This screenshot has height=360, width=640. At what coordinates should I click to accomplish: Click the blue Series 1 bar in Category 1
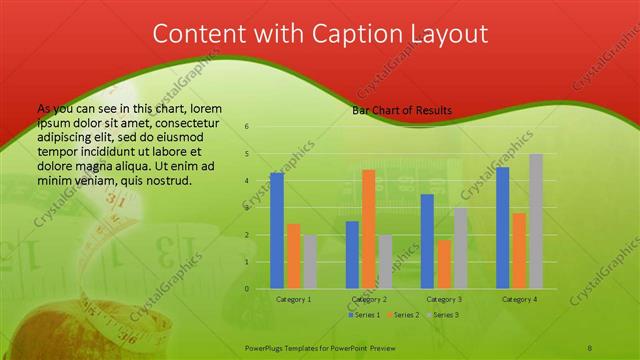[277, 231]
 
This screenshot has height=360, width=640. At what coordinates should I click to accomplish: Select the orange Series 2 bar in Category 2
[368, 229]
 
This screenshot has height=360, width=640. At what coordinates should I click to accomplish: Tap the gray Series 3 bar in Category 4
[536, 221]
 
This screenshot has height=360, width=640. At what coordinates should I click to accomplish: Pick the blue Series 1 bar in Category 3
[427, 241]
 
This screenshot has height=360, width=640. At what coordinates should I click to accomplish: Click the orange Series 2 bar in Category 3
[444, 264]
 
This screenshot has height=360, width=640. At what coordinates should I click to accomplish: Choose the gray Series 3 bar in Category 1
[311, 262]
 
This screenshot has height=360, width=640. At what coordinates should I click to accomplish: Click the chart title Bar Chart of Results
[402, 110]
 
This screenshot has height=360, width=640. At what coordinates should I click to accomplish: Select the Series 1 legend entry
[364, 315]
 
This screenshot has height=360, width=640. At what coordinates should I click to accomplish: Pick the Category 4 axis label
[519, 299]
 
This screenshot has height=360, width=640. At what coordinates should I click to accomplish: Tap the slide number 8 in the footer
[591, 345]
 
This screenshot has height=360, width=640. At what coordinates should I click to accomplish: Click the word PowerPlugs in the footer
[267, 345]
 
